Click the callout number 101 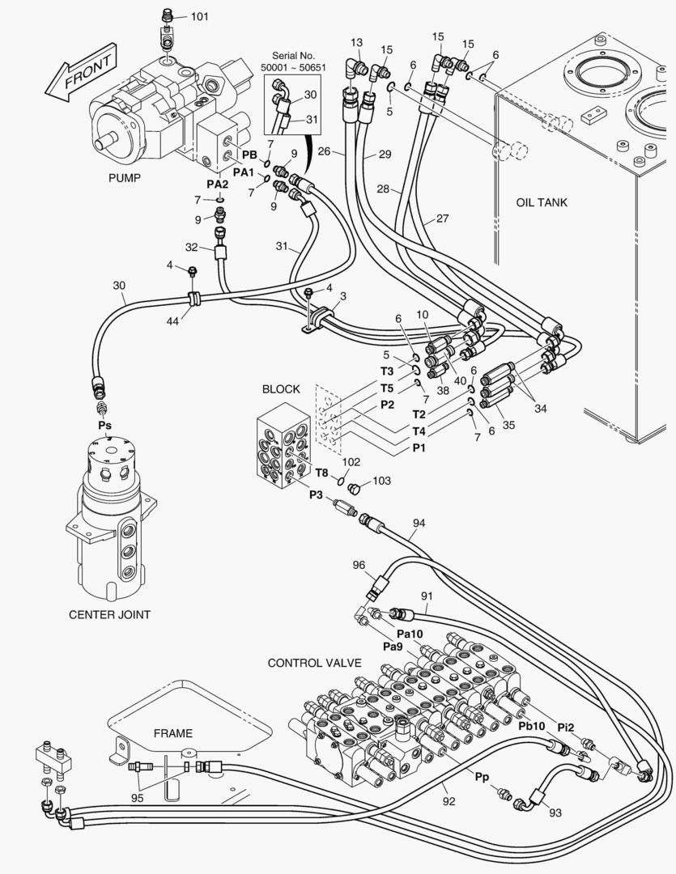[x=199, y=16]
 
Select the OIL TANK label [x=542, y=202]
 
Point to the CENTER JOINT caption [x=109, y=614]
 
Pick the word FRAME [x=173, y=733]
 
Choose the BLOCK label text [x=281, y=388]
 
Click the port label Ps [x=104, y=424]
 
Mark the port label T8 [x=321, y=473]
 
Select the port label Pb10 [x=532, y=725]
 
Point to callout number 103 [x=381, y=481]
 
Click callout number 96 [x=359, y=565]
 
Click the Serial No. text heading [x=293, y=55]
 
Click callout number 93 [x=555, y=812]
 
